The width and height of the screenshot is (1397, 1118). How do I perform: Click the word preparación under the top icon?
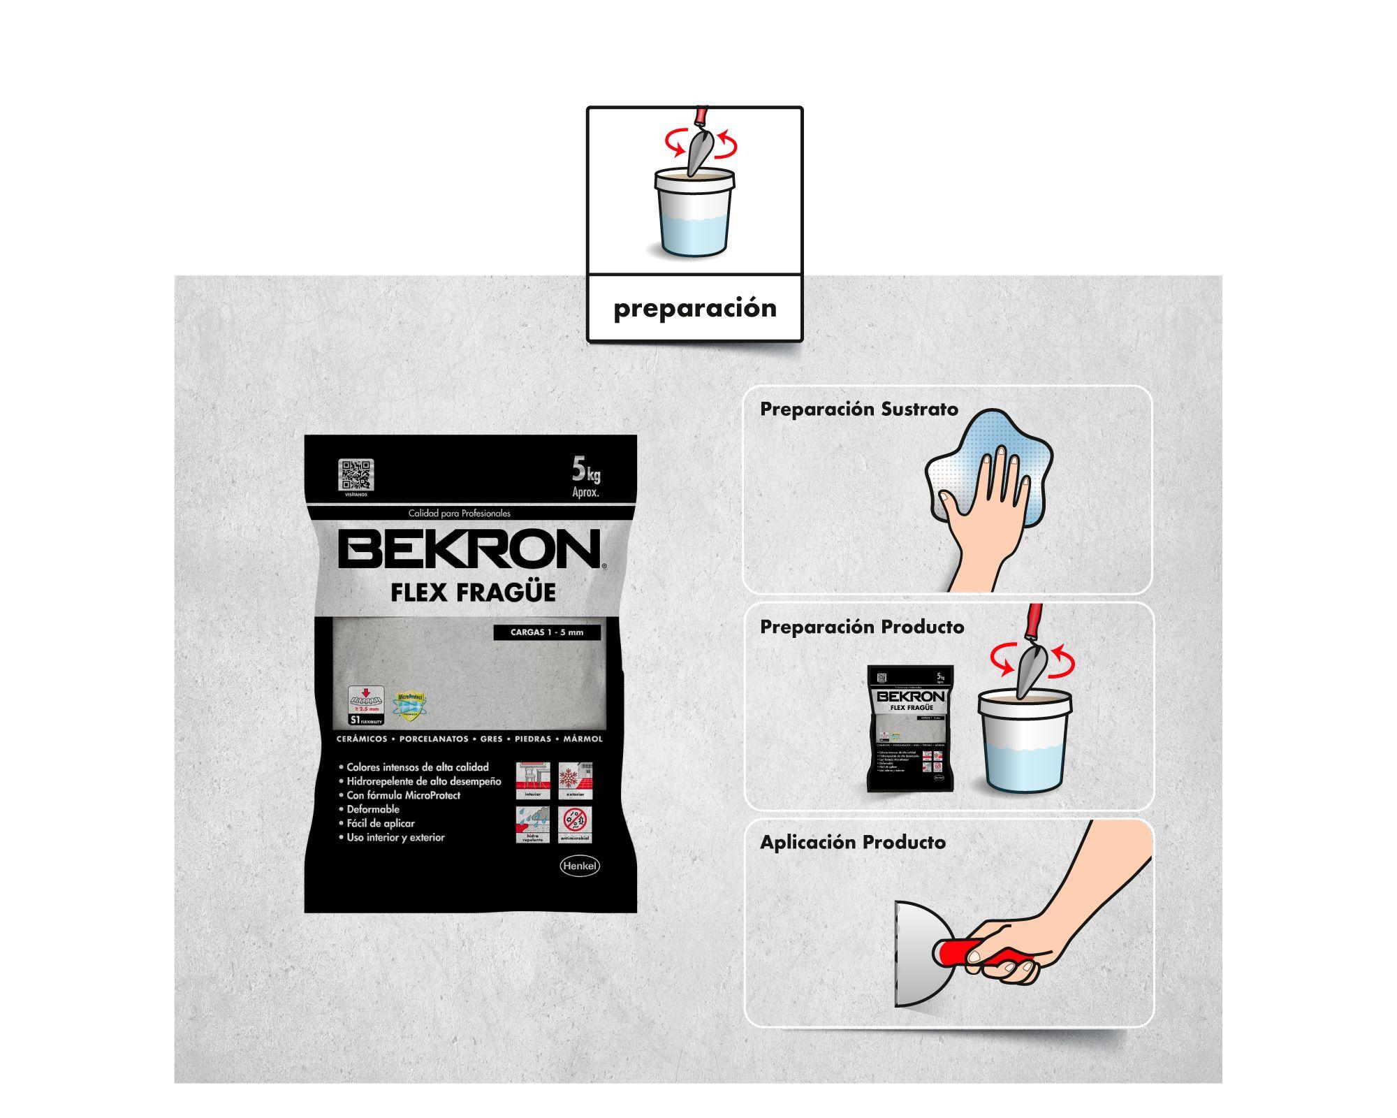tap(694, 308)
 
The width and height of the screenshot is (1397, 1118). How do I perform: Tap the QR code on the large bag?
tap(356, 475)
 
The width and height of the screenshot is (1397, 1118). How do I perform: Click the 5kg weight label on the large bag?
tap(585, 476)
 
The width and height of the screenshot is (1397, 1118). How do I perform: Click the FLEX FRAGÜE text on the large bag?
tap(473, 593)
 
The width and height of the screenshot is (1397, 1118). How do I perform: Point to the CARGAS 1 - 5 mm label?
tap(546, 632)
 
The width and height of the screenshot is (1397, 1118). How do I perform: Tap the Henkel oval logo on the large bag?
tap(580, 866)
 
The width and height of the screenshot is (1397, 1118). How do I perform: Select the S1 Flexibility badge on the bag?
tap(366, 706)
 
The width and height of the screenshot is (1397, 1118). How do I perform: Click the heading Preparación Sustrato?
tap(859, 409)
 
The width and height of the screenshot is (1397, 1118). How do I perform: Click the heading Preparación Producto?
tap(862, 627)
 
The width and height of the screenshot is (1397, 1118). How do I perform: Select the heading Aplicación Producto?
tap(853, 843)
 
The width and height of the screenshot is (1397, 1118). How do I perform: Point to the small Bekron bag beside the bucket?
tap(910, 727)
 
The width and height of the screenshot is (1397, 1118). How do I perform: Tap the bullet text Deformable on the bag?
tap(373, 809)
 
